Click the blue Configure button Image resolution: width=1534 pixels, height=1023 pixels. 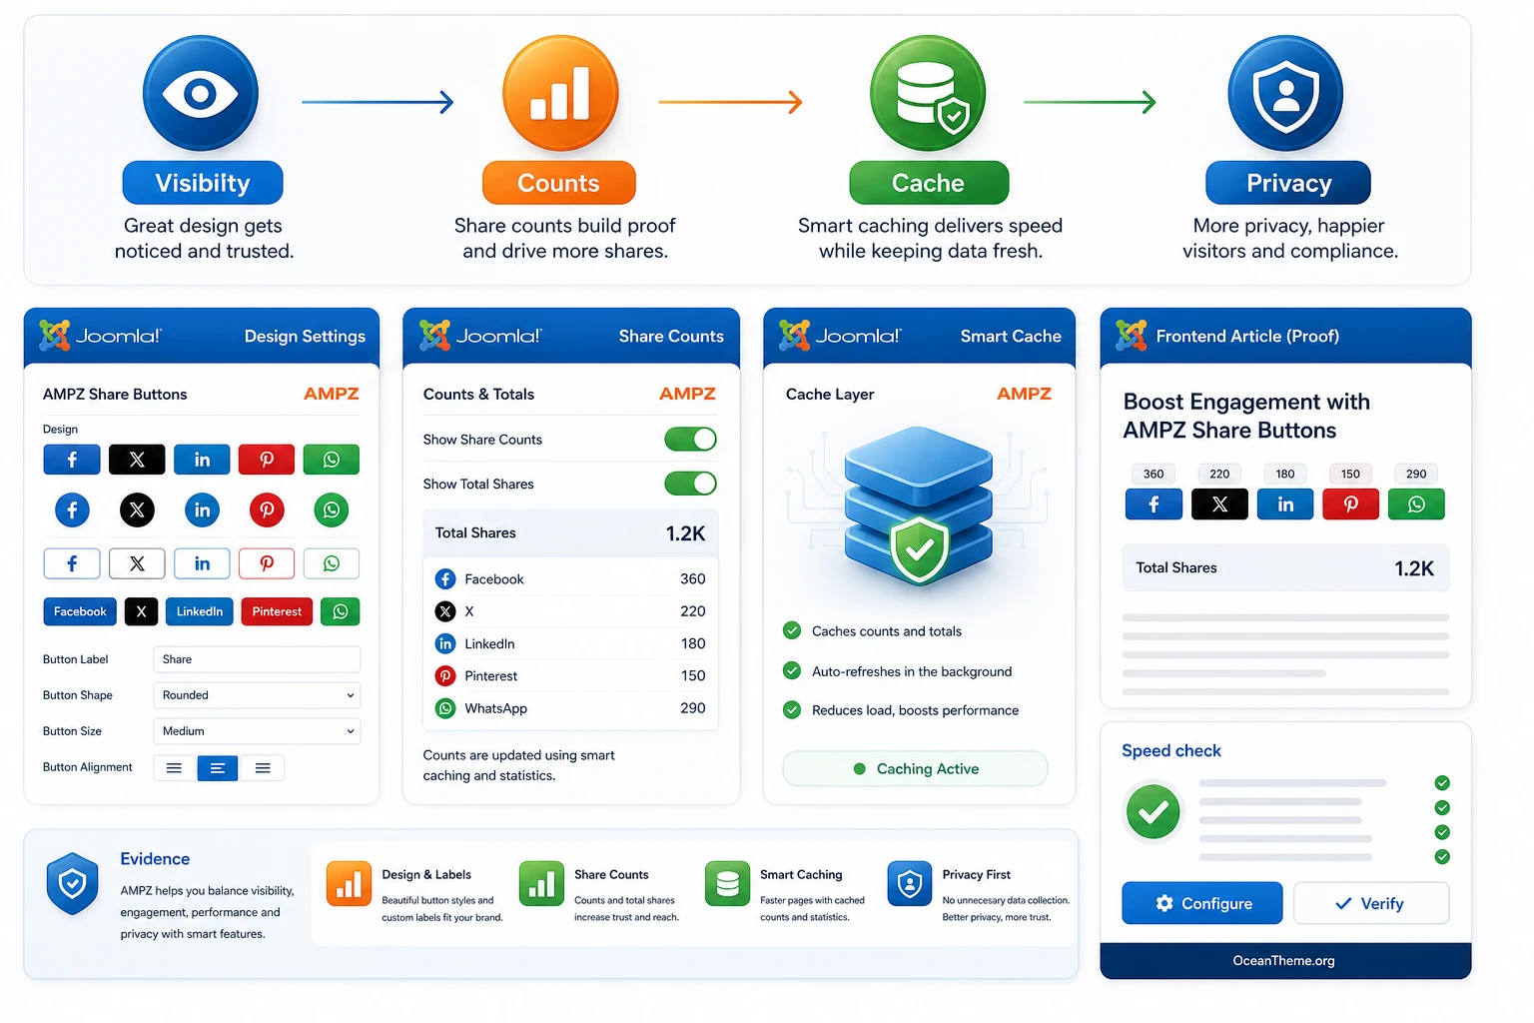tap(1201, 903)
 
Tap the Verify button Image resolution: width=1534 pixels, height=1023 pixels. tap(1371, 903)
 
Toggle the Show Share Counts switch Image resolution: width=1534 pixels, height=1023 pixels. tap(690, 440)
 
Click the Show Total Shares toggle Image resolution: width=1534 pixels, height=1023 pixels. tap(690, 484)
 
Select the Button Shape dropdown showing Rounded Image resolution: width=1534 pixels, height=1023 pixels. tap(257, 694)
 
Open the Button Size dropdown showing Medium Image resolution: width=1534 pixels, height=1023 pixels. tap(257, 731)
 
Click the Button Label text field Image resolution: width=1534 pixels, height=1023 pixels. tap(257, 659)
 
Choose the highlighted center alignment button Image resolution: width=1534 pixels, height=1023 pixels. tap(217, 768)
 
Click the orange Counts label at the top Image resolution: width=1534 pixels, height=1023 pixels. tap(559, 183)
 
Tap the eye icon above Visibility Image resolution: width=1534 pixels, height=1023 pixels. tap(201, 93)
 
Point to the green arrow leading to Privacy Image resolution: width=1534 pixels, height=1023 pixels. tap(1090, 102)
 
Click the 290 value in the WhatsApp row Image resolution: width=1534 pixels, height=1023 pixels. tap(692, 708)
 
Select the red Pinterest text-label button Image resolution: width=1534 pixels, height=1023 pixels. tap(277, 611)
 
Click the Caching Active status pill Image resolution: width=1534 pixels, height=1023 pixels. tap(915, 769)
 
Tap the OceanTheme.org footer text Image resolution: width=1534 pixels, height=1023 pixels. tap(1283, 961)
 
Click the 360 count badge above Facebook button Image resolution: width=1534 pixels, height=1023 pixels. tap(1153, 474)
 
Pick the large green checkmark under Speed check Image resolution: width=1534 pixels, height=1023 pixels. tap(1153, 812)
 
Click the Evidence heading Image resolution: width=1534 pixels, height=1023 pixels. tap(155, 858)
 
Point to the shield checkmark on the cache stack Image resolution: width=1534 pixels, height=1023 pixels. tap(919, 549)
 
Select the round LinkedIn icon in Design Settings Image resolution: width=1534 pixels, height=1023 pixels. tap(202, 510)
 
